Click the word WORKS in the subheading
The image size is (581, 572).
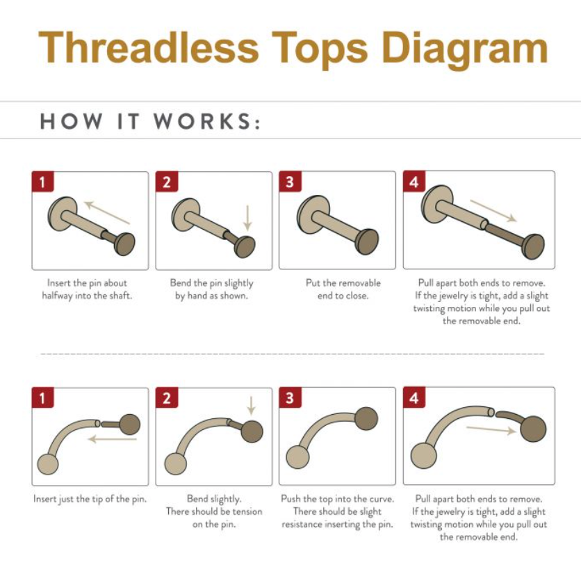point(203,121)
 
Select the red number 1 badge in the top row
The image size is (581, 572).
point(42,182)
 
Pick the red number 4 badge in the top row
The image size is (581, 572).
point(414,182)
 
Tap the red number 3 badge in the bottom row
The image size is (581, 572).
point(290,397)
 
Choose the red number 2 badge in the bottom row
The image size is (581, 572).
point(167,397)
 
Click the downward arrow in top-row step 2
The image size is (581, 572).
point(248,218)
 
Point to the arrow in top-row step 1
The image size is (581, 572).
point(107,212)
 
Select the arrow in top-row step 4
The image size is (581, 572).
point(493,211)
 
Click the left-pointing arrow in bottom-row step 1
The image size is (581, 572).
point(113,440)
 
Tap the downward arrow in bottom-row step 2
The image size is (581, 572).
point(251,406)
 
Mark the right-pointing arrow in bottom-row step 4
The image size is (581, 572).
point(491,430)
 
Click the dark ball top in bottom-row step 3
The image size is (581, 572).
point(366,418)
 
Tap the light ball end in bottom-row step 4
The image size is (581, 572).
point(423,456)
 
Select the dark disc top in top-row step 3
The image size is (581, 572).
point(367,241)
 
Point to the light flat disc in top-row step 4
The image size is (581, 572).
point(437,205)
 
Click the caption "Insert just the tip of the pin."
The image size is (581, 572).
point(90,499)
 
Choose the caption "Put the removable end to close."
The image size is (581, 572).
point(343,289)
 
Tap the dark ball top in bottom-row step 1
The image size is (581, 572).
point(130,424)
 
